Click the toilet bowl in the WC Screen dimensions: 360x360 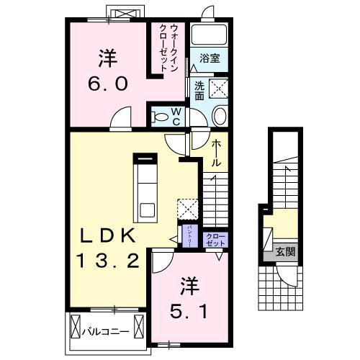161,114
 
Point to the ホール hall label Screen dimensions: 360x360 216,153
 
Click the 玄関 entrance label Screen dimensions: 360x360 285,252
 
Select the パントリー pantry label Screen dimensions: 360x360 189,236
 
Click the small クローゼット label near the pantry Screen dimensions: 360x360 215,239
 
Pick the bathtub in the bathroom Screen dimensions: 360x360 210,36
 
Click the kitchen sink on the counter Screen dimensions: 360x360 148,210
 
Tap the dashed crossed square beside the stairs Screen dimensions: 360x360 187,207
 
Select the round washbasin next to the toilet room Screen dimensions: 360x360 220,115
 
